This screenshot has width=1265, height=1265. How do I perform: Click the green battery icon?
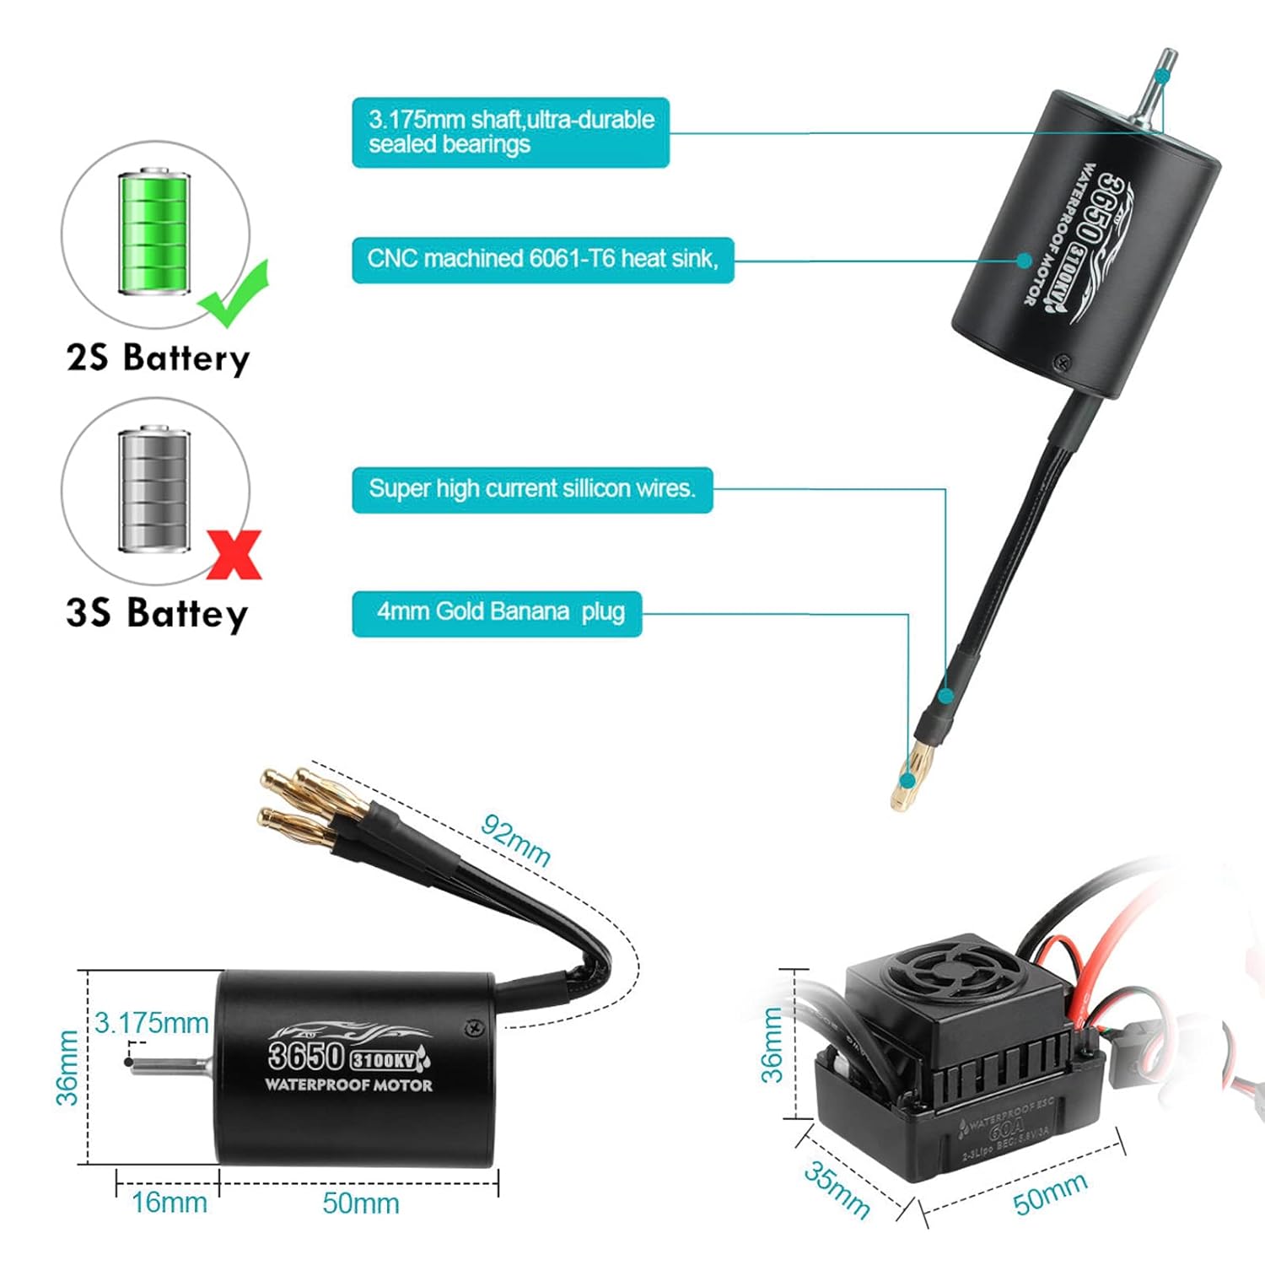[x=154, y=232]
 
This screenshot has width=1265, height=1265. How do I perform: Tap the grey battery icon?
[x=154, y=489]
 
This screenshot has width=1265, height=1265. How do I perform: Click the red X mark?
[x=234, y=554]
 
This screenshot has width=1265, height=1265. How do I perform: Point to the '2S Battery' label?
[x=158, y=358]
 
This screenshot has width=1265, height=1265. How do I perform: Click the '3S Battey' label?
[x=157, y=614]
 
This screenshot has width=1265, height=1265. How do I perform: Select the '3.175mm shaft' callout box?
[x=510, y=132]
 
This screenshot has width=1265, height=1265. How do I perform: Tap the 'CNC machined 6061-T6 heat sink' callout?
[x=542, y=259]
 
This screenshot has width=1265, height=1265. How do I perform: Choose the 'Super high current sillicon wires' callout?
[x=531, y=489]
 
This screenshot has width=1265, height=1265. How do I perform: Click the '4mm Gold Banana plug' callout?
[x=497, y=612]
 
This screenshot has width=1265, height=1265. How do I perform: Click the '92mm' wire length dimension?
[x=515, y=840]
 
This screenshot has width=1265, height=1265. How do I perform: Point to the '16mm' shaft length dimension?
[x=169, y=1203]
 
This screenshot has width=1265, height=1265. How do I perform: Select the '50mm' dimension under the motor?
[x=360, y=1203]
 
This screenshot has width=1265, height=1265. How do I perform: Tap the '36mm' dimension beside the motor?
[x=67, y=1067]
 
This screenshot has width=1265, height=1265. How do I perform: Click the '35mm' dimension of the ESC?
[x=835, y=1189]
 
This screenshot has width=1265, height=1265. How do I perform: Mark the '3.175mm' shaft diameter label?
[x=152, y=1023]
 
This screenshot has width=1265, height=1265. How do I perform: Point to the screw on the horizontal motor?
[x=473, y=1026]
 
